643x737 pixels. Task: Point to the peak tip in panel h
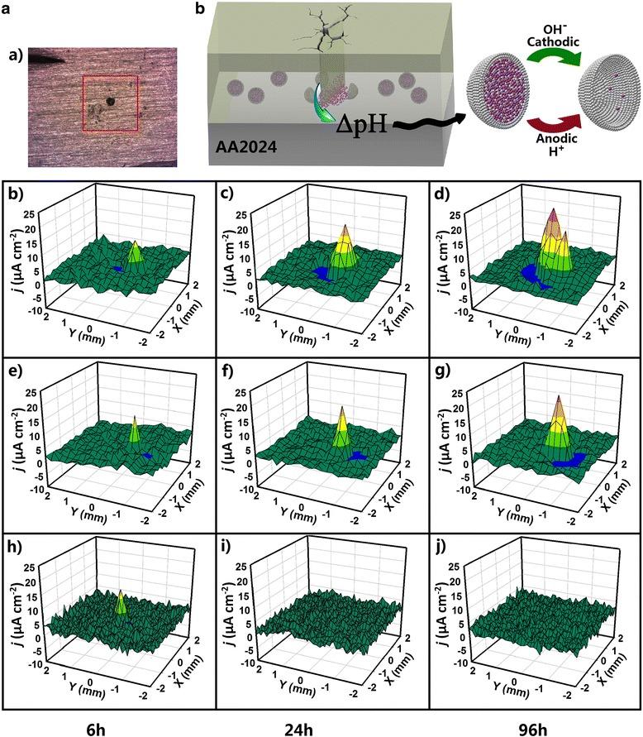pos(121,592)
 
